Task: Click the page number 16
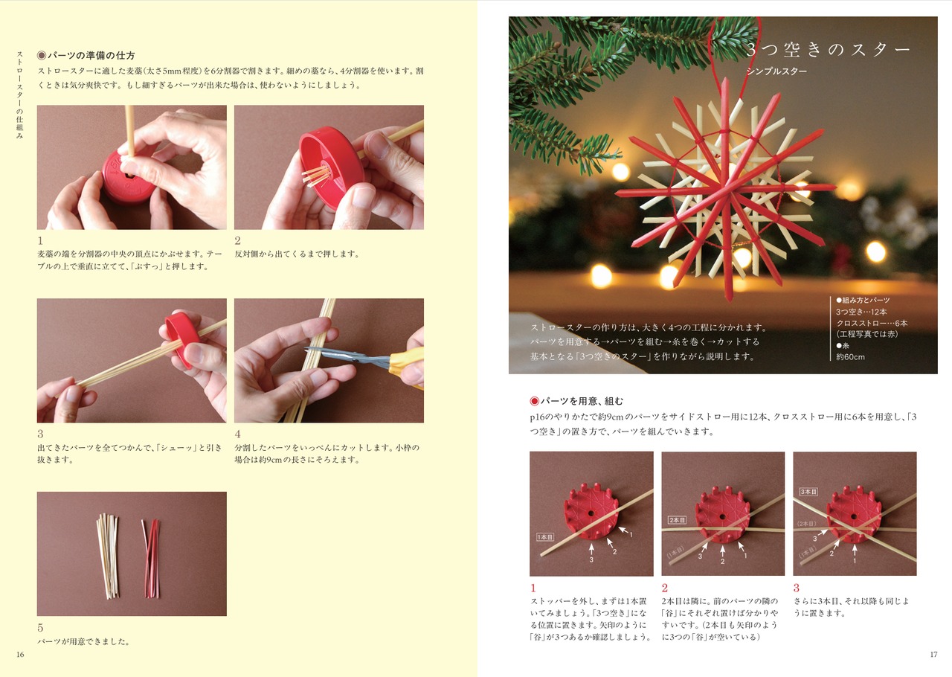[x=20, y=655]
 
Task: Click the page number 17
[x=933, y=655]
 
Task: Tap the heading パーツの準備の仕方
[x=91, y=55]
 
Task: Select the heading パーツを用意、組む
[x=582, y=401]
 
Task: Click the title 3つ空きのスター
[x=828, y=50]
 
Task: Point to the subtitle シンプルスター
[x=776, y=71]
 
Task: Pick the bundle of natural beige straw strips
[x=108, y=556]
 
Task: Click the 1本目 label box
[x=545, y=537]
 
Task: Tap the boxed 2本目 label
[x=677, y=520]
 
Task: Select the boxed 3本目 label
[x=808, y=492]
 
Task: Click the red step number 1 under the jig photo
[x=533, y=588]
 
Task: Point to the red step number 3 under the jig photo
[x=797, y=588]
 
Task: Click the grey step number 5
[x=40, y=628]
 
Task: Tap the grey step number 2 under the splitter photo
[x=237, y=241]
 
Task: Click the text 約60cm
[x=850, y=357]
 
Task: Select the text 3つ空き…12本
[x=861, y=312]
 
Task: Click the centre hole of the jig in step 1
[x=591, y=514]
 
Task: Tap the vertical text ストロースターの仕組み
[x=19, y=94]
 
